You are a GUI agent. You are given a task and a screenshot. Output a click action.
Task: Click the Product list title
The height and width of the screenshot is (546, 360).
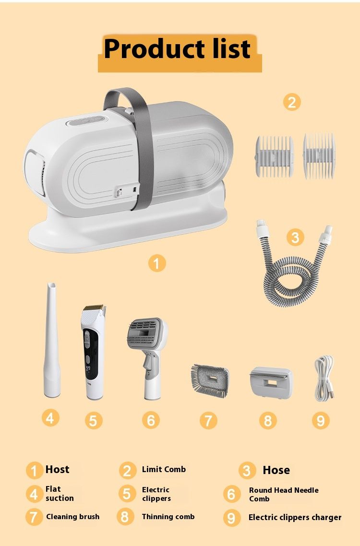click(x=177, y=48)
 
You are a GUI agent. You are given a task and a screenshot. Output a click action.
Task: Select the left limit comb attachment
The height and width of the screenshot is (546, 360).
click(x=274, y=156)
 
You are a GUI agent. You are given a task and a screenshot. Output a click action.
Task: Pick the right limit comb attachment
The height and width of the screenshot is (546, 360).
click(x=319, y=155)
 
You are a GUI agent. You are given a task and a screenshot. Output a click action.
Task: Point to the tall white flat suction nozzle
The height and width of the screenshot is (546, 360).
click(x=51, y=340)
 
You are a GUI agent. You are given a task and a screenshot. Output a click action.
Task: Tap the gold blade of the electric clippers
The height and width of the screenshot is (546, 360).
click(x=94, y=308)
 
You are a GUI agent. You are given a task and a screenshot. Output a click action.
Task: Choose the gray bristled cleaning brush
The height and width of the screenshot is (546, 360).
click(x=210, y=380)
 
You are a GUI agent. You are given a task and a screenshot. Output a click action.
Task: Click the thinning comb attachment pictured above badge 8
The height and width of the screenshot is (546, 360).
click(x=271, y=383)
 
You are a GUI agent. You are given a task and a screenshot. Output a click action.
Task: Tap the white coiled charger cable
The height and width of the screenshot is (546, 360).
click(x=324, y=378)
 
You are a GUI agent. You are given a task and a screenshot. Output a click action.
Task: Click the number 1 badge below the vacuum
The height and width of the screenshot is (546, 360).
click(x=156, y=263)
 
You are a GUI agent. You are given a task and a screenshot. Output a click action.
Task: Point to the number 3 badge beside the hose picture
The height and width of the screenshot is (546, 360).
click(x=295, y=237)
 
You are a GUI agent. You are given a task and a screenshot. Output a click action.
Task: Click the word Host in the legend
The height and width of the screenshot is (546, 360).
click(x=57, y=469)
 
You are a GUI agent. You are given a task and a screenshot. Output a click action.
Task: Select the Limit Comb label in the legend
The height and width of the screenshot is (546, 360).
click(x=164, y=469)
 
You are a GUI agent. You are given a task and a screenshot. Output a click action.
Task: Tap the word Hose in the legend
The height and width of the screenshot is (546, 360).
click(x=276, y=470)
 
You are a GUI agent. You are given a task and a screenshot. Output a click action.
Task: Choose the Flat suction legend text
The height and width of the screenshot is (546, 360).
click(x=60, y=494)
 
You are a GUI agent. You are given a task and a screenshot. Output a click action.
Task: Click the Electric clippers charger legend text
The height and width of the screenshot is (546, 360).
click(x=295, y=517)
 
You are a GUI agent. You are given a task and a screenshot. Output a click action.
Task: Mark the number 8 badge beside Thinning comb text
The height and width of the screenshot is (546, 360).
click(x=125, y=517)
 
